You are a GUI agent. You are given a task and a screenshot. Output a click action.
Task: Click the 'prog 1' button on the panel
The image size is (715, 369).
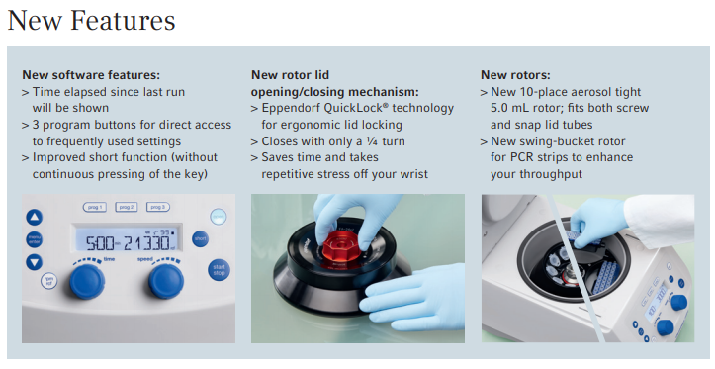94,207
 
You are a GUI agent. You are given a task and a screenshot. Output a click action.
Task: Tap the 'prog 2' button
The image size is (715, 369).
127,207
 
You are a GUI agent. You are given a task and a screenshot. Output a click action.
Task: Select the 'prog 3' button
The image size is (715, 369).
158,207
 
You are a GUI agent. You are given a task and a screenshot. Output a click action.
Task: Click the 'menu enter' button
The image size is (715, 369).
35,239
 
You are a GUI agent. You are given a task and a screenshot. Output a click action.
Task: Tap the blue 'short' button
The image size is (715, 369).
200,238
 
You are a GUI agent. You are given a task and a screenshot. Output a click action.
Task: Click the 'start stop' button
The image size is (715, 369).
219,270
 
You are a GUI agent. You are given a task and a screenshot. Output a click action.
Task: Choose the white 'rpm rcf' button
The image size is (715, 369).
48,281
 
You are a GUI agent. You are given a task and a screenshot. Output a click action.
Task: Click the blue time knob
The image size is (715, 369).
87,281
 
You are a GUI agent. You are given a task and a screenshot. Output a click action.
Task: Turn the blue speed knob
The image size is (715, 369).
166,281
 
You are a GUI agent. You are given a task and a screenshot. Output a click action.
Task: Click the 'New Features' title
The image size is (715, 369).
91,21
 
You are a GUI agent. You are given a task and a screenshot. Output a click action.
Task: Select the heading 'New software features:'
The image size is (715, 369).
91,75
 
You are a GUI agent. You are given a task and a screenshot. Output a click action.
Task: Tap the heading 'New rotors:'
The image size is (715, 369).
516,75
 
